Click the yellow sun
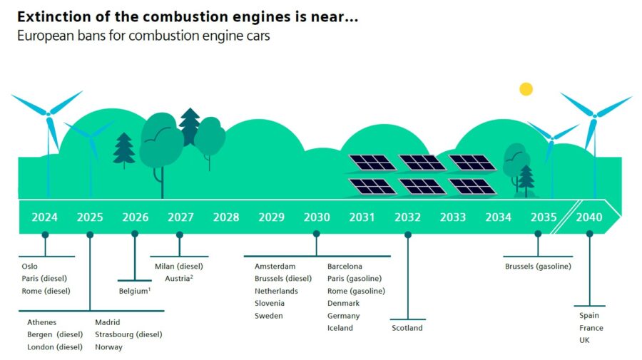click(x=526, y=89)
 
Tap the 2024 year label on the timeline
click(x=44, y=217)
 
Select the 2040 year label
click(x=589, y=217)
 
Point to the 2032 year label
click(x=407, y=217)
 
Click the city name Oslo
click(x=30, y=267)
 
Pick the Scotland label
click(x=407, y=328)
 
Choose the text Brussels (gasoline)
click(x=538, y=267)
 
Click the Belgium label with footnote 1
click(x=134, y=291)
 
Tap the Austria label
click(x=179, y=278)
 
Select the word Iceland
click(x=340, y=328)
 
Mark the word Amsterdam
click(x=275, y=267)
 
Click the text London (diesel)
click(x=55, y=347)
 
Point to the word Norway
click(x=108, y=347)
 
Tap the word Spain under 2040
click(x=589, y=316)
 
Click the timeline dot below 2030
click(x=317, y=234)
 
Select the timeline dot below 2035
click(x=538, y=234)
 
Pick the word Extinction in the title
click(x=53, y=16)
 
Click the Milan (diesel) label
click(x=179, y=267)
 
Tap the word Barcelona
click(x=345, y=267)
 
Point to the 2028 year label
click(x=226, y=217)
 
